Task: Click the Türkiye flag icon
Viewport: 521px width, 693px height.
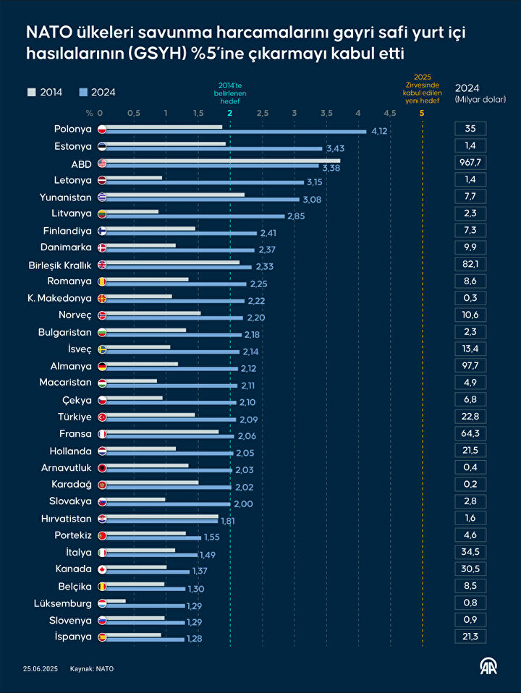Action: pyautogui.click(x=102, y=417)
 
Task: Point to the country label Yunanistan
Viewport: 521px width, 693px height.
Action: pyautogui.click(x=66, y=197)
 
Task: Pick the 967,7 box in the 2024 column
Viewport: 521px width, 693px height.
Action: pyautogui.click(x=470, y=163)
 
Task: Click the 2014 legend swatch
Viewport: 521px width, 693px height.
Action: pyautogui.click(x=31, y=92)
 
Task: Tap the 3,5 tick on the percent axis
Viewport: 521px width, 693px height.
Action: pyautogui.click(x=326, y=113)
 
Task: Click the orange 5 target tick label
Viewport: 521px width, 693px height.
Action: pyautogui.click(x=422, y=113)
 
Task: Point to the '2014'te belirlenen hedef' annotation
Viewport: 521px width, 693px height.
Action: pyautogui.click(x=229, y=92)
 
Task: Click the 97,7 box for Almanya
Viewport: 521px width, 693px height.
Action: pyautogui.click(x=470, y=366)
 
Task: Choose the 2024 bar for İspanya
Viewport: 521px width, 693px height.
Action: pyautogui.click(x=142, y=639)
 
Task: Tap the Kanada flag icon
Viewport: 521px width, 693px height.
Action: pyautogui.click(x=102, y=569)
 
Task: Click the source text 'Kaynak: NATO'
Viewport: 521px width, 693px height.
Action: pyautogui.click(x=92, y=668)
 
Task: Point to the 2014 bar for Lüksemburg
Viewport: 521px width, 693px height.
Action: pyautogui.click(x=112, y=600)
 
